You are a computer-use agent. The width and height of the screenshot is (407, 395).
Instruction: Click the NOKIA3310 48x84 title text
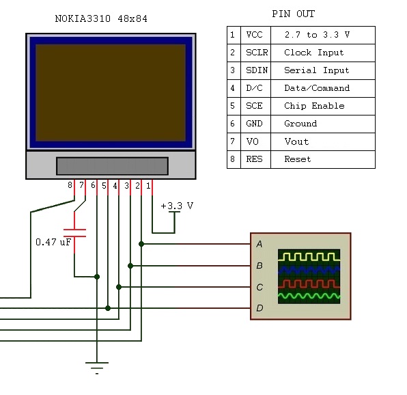100,18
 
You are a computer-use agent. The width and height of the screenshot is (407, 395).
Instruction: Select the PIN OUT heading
293,14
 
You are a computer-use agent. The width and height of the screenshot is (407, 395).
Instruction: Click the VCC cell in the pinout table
254,35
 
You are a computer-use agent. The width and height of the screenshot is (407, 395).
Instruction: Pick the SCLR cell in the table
256,53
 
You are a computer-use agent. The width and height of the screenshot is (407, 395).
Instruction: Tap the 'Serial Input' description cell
316,70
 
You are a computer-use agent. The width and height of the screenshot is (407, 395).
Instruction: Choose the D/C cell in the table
254,88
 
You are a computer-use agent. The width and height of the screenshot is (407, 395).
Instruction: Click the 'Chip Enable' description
314,106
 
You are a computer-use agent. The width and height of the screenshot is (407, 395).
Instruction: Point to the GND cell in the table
254,124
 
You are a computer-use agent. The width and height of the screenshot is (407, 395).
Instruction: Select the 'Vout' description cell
296,141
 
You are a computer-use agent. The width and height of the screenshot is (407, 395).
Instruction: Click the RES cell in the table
254,159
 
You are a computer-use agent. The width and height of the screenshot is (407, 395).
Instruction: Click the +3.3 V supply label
177,205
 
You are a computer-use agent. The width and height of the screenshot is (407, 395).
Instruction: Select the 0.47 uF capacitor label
53,242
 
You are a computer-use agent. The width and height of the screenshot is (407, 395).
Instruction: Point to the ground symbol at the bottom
97,366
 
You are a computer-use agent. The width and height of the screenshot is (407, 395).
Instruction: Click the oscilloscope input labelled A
259,244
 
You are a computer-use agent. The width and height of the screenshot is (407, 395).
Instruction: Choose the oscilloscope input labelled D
259,309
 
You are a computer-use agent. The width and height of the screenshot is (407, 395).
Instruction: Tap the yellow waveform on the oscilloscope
308,256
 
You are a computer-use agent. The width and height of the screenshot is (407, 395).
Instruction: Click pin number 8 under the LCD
70,185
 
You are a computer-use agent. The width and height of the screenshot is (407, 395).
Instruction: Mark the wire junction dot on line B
130,265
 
